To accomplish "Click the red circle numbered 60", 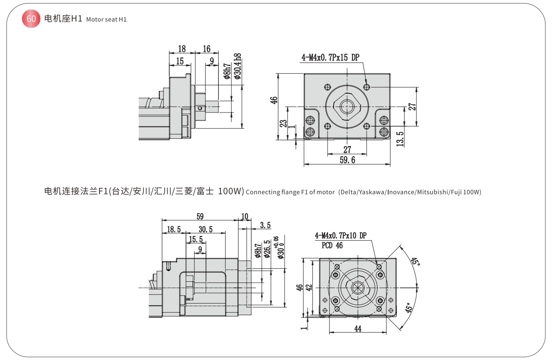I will coord(31,19).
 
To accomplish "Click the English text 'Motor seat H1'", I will coord(106,20).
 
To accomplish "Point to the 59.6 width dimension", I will coord(347,160).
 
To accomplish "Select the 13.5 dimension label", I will coord(400,139).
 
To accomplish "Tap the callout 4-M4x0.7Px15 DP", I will coord(330,57).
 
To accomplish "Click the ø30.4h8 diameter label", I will coord(237,66).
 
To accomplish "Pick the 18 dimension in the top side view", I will coord(182,49).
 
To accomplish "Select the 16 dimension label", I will coord(206,49).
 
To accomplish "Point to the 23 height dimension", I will coord(283,123).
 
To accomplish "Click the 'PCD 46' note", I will coord(332,246).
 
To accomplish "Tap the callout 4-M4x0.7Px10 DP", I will coord(341,236).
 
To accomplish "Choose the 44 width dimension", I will coord(358,329).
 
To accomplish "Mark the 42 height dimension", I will coord(309,288).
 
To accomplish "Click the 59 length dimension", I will coord(200,216).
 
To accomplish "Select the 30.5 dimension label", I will coord(206,229).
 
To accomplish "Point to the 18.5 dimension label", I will coord(174,229).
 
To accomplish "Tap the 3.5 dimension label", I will coord(265,225).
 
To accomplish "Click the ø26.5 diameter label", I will coord(267,249).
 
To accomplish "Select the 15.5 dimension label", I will coord(196,239).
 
